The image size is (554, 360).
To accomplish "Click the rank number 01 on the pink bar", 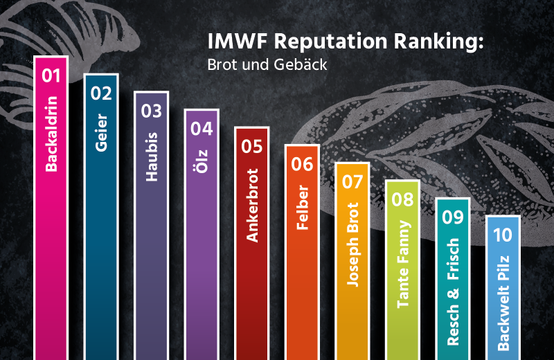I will (51, 75).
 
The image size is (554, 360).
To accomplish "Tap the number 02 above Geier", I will (101, 93).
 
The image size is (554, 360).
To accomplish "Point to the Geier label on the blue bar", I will (101, 135).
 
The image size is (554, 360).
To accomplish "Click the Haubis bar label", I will (152, 156).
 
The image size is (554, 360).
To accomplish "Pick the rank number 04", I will (202, 128).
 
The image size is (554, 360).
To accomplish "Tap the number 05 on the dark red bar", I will (252, 146).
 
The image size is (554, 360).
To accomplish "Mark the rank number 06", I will (302, 164).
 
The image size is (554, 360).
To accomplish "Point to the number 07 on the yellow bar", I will (352, 182).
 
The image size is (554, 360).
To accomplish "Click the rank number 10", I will (503, 235).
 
